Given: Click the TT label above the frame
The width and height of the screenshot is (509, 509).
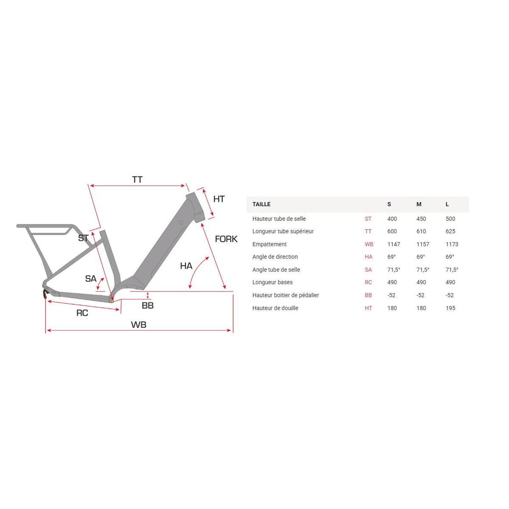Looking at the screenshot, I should coord(137,180).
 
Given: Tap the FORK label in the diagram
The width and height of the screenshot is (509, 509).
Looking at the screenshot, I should coord(226,239).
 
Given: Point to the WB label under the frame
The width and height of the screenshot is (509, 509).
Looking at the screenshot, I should coord(138,325).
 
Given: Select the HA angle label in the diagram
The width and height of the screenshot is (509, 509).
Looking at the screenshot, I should coord(186,266).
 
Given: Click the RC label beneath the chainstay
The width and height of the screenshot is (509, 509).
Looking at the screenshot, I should coord(82,313).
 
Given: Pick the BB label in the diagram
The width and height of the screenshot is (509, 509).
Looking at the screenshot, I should coord(148,306).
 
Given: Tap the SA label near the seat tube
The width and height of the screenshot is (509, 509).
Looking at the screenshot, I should coord(91,279).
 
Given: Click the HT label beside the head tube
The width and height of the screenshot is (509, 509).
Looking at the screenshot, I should coord(219,199).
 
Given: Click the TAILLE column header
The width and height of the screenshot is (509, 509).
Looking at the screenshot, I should coord(261,204).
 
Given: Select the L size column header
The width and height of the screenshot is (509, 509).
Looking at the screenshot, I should coord(447,204).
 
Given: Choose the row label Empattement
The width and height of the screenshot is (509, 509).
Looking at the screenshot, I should coord(269,244).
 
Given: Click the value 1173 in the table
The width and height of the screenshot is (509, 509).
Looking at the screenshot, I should coord(452,244).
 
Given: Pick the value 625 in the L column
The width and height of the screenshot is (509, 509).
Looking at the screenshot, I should coord(450,232).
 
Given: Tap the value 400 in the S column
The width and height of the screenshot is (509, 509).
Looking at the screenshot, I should coord(392,219).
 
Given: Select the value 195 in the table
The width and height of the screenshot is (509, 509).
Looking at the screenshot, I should coord(450,308).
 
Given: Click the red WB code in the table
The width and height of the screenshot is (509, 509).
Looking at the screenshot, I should coord(369,244).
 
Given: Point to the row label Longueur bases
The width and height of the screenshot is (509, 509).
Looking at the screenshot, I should coord(272,282).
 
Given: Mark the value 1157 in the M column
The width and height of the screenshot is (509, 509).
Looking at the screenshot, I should coord(422,244).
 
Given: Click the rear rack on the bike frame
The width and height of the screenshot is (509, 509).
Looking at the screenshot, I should coord(45,227).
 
